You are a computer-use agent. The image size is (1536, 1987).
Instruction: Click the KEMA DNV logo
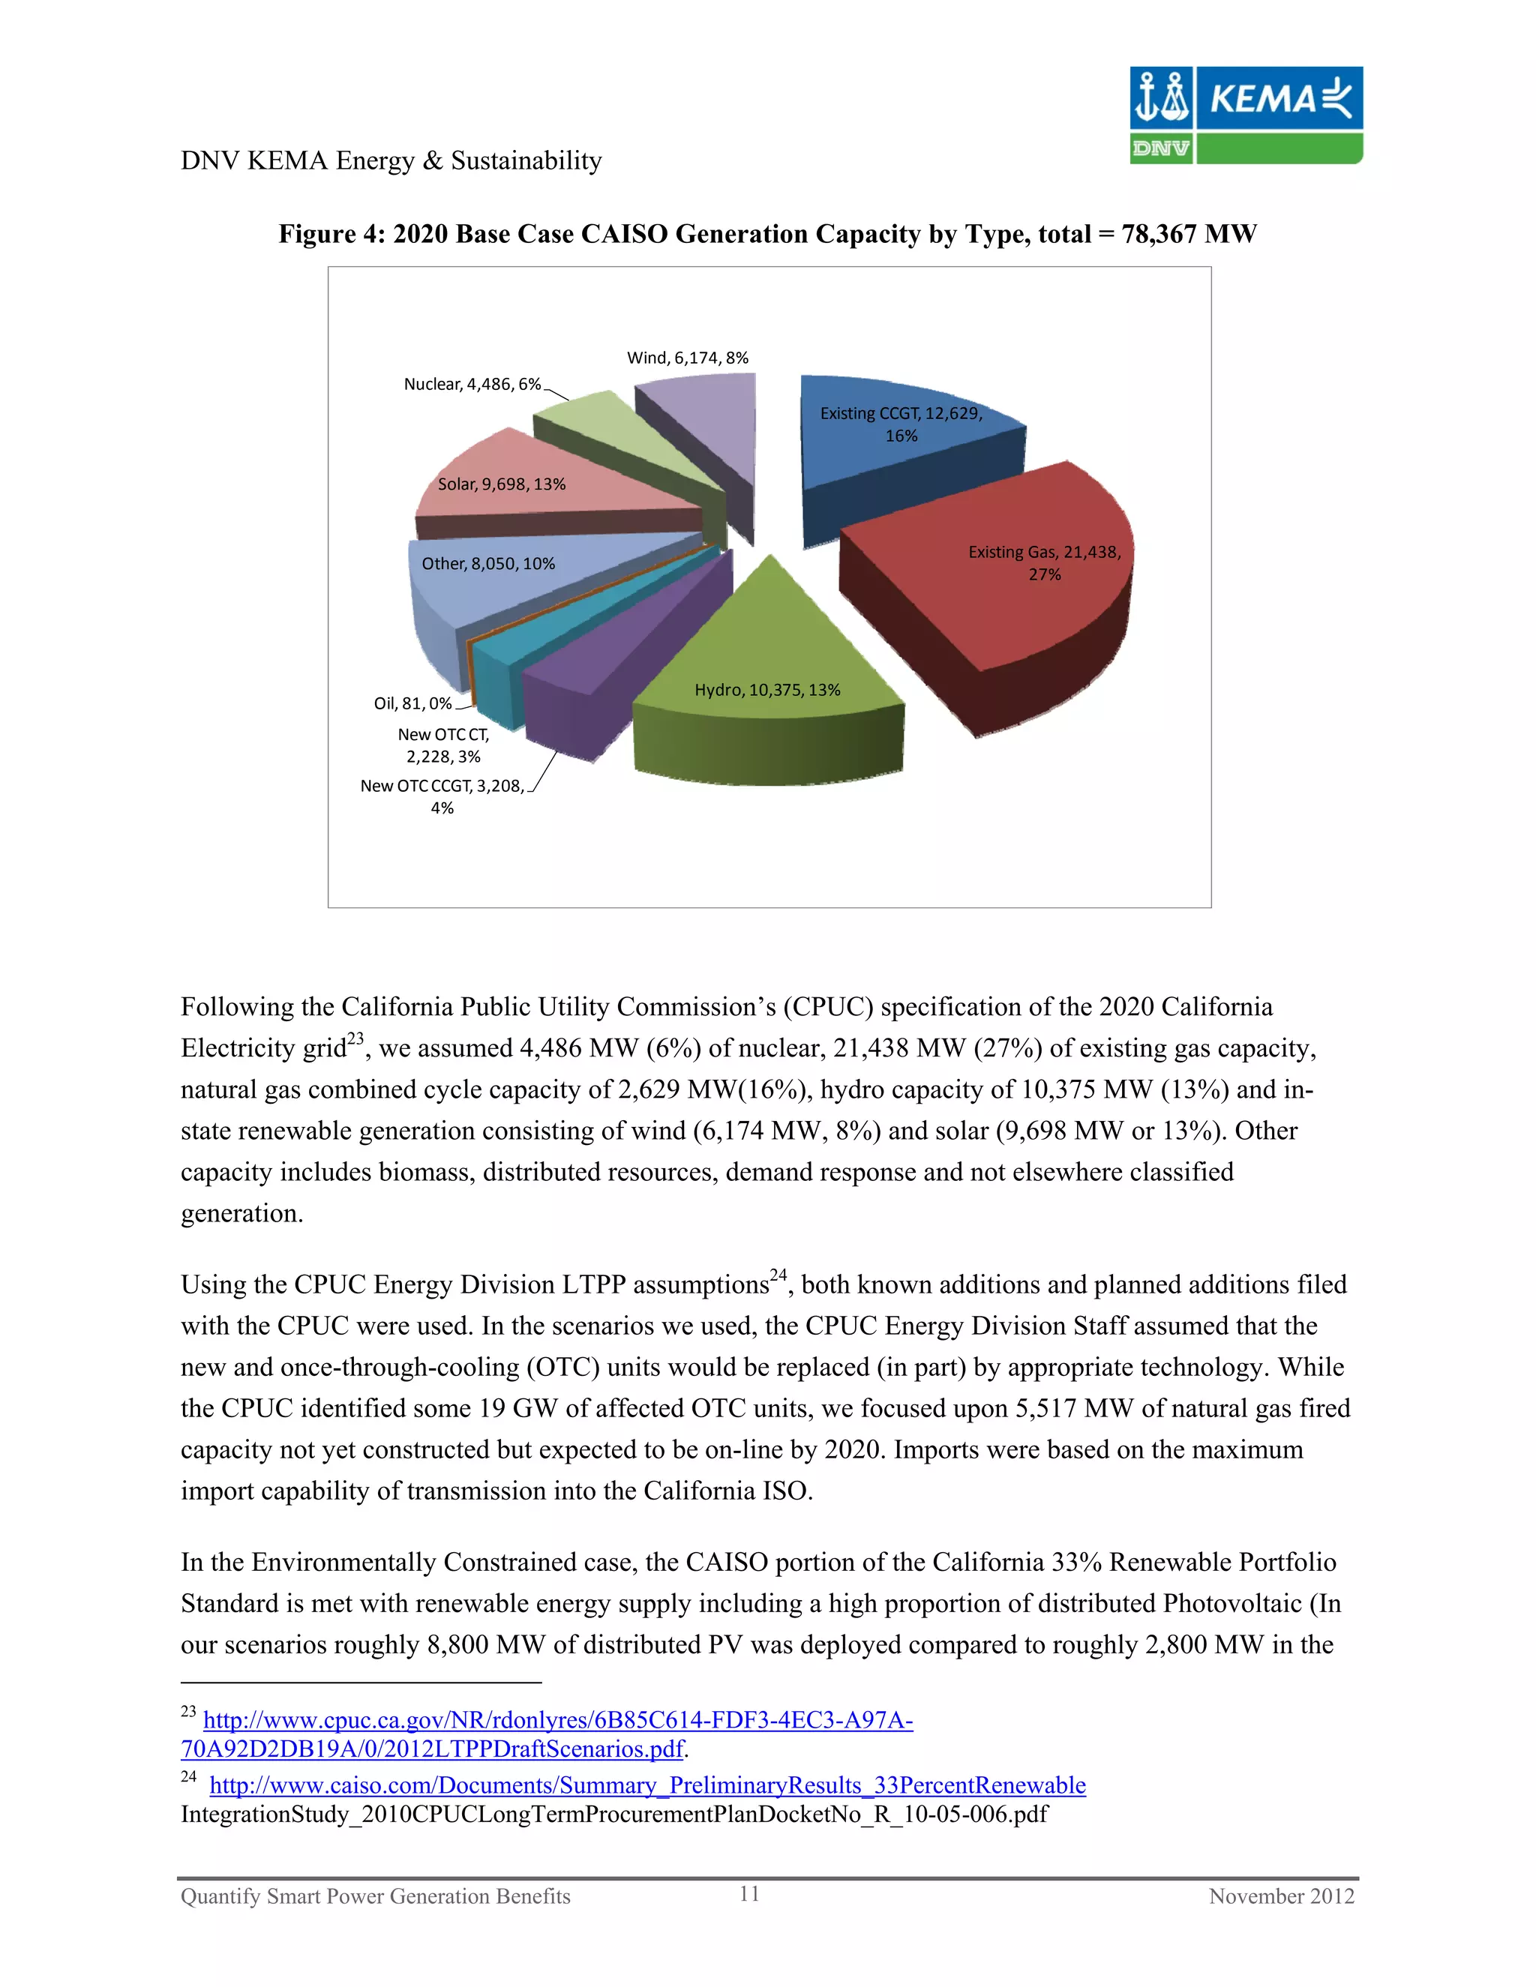point(1246,115)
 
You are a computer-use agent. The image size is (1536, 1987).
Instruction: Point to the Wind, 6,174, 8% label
point(687,358)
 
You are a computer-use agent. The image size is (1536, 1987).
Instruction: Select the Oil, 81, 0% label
point(412,703)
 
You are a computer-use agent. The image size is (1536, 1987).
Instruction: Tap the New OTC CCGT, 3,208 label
point(442,786)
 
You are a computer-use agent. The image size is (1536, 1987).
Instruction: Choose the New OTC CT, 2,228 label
point(443,745)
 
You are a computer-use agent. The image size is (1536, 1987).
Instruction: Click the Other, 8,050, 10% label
point(487,563)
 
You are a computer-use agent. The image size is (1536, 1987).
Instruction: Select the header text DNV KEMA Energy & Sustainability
point(391,160)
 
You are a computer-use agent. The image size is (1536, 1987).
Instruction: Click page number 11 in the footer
point(749,1894)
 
